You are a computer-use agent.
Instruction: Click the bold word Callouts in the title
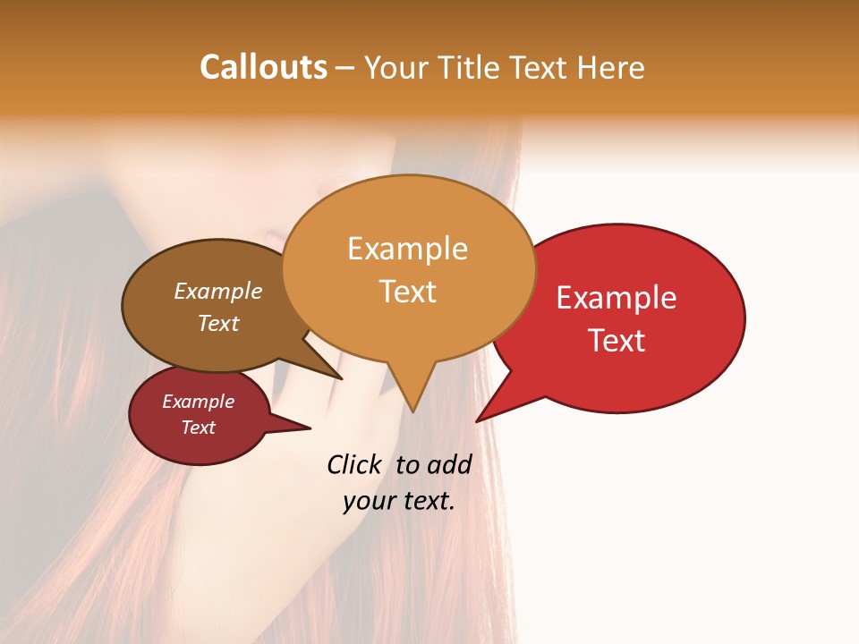point(263,67)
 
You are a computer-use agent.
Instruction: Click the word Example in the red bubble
point(616,298)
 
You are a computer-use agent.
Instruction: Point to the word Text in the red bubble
point(617,341)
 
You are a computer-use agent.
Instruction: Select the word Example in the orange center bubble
point(407,249)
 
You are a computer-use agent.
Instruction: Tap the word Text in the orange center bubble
point(408,292)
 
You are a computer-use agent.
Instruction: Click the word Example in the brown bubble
point(217,292)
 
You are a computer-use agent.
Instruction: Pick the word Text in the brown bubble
point(217,323)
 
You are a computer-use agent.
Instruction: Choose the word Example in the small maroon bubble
point(198,402)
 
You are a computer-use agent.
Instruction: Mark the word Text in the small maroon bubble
point(198,428)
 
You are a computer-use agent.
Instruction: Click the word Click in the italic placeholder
point(353,464)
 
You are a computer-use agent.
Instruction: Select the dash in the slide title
point(346,69)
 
